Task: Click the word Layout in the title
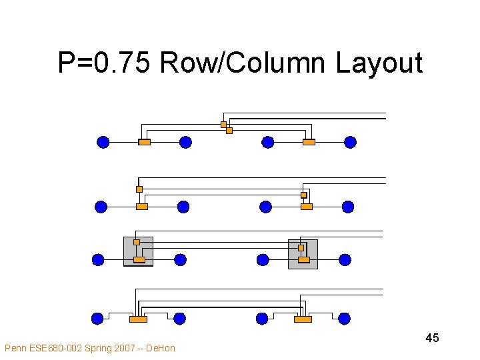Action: [379, 63]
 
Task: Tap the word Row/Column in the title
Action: [244, 63]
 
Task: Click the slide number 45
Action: [432, 338]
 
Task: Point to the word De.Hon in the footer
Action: [160, 348]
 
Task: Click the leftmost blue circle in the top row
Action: [103, 142]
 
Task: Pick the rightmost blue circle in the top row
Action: [350, 142]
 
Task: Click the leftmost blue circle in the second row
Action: [101, 207]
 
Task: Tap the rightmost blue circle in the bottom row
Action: [344, 319]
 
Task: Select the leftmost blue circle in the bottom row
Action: [97, 319]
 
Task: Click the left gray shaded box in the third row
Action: [138, 251]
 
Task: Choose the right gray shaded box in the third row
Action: [303, 254]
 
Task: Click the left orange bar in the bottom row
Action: [138, 319]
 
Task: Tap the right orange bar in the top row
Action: [309, 142]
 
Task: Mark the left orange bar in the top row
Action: [144, 142]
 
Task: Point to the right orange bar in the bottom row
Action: [303, 319]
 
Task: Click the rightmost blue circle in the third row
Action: [345, 260]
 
